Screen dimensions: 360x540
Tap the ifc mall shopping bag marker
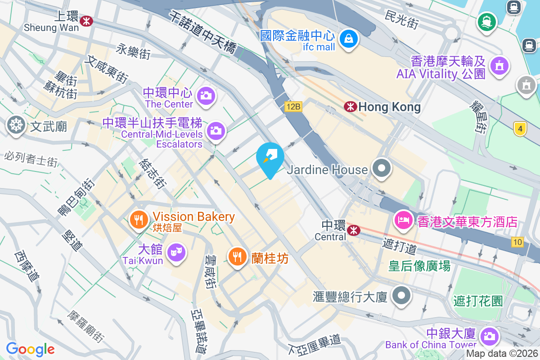(x=349, y=39)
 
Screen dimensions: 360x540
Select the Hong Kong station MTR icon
(x=351, y=107)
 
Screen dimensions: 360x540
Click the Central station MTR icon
(x=354, y=230)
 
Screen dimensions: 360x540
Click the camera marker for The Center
(x=207, y=95)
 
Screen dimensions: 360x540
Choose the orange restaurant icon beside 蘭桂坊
(x=237, y=256)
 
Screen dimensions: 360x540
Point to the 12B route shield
(x=292, y=107)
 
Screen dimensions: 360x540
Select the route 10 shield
(x=517, y=242)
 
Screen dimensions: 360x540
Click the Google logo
(x=30, y=349)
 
